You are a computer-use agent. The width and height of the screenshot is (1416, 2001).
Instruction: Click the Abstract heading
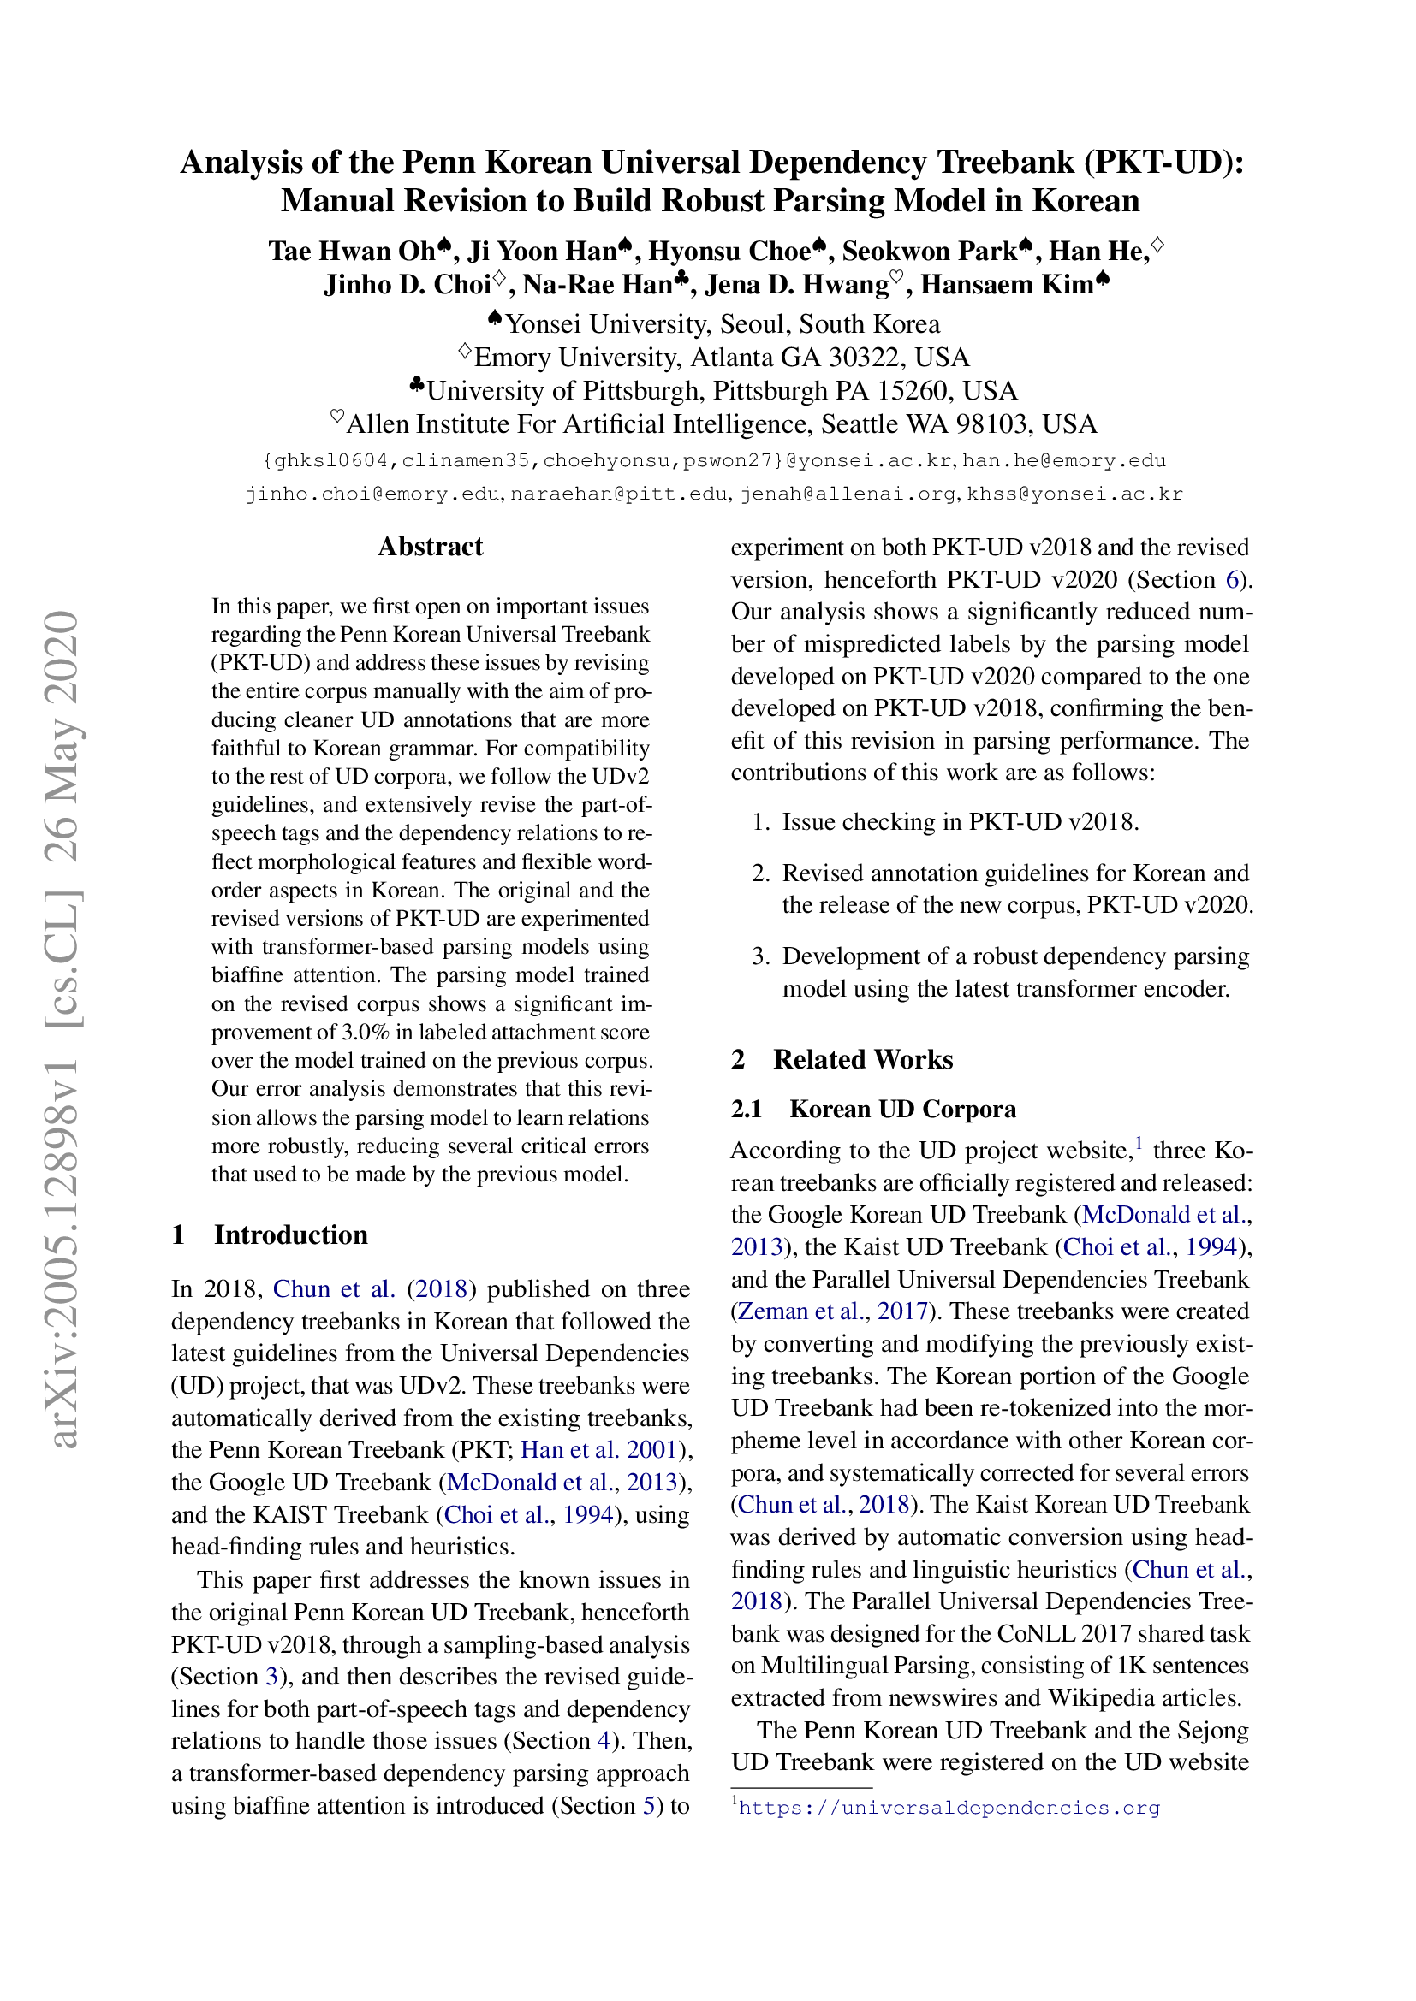430,547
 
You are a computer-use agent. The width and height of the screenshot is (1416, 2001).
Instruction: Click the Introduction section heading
290,1235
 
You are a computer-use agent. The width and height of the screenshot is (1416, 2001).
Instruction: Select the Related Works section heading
862,1059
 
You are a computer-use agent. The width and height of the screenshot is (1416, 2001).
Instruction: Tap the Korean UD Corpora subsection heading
902,1109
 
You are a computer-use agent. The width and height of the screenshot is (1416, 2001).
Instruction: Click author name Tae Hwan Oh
351,251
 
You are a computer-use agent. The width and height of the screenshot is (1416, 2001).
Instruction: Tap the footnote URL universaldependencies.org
949,1808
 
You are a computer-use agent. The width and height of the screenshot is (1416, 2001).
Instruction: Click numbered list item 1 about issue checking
959,822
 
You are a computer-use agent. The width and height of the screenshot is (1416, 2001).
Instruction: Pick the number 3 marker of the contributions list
760,957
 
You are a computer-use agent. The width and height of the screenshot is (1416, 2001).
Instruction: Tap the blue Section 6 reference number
1232,579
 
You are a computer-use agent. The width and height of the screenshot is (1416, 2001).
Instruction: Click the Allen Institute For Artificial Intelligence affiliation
721,424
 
